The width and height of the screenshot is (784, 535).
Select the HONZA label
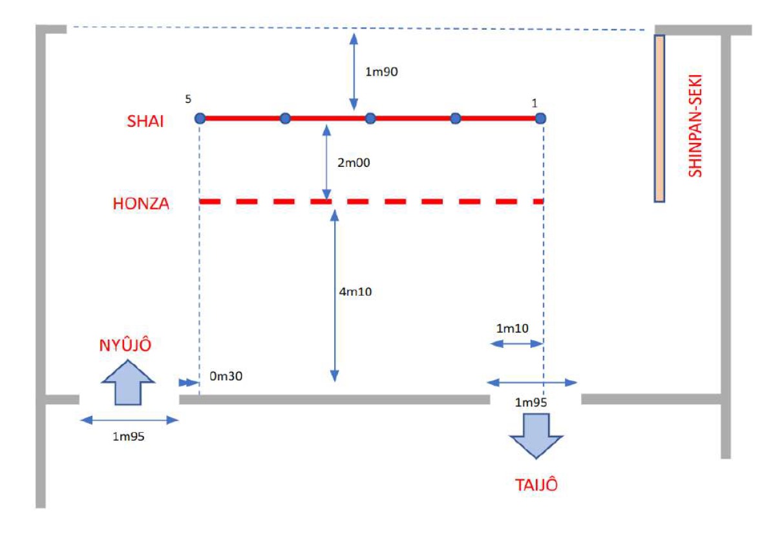coord(140,204)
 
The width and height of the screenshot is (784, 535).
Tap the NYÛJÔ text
coord(125,345)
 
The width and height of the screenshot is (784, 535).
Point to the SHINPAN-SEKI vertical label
coord(695,127)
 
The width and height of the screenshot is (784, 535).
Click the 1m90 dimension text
coord(381,72)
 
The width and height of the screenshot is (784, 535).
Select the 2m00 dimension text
coord(355,164)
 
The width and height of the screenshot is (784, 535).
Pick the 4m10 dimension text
coord(355,292)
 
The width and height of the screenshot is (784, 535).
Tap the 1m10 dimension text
coord(513,329)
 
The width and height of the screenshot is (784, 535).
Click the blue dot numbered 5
coord(200,118)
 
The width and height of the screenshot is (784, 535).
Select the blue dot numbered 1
coord(540,118)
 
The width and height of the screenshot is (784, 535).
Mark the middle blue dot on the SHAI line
coord(370,118)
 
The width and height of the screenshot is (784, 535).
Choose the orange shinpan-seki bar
coord(659,118)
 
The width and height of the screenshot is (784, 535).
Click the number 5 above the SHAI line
coord(188,100)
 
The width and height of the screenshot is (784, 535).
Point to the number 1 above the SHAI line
coord(534,103)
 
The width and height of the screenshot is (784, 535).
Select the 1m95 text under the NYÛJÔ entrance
coord(128,436)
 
